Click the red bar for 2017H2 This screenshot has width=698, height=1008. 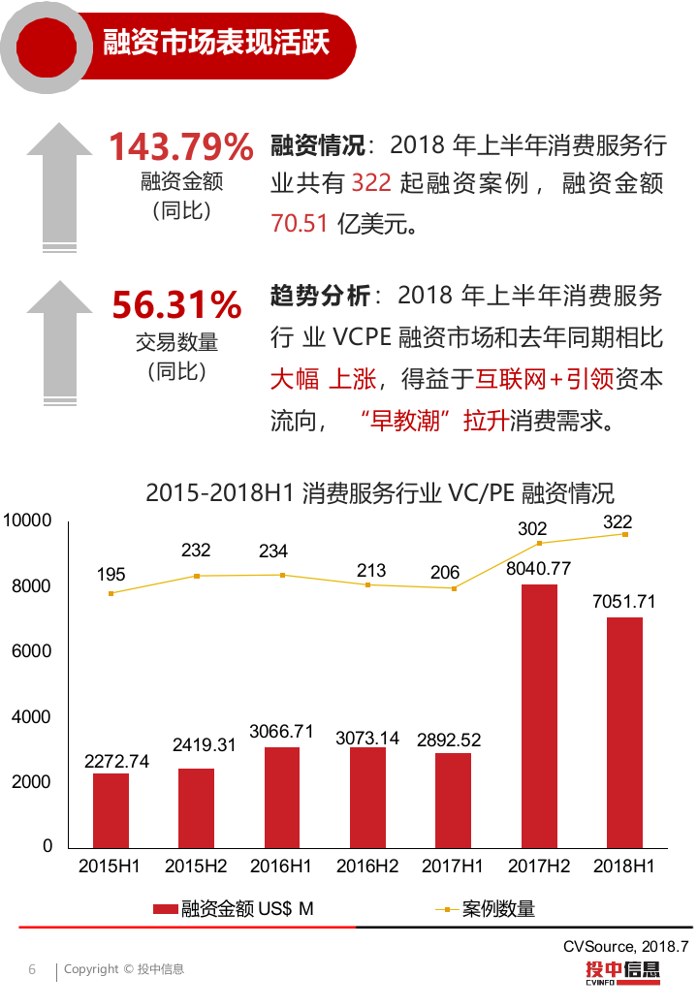539,715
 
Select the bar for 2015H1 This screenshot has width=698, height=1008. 111,809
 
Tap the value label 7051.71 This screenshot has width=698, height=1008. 624,602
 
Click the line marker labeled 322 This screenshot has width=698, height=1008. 625,535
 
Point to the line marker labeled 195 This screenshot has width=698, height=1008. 111,593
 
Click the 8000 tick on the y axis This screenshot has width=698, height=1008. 34,586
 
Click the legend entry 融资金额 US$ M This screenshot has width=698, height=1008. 234,909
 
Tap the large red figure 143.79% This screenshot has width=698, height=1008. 180,147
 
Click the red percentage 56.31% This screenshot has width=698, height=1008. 176,304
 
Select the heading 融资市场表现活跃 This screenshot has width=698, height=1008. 215,43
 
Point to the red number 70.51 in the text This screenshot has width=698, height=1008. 300,223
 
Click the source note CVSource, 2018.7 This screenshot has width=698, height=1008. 626,945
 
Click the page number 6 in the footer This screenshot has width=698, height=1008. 32,969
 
